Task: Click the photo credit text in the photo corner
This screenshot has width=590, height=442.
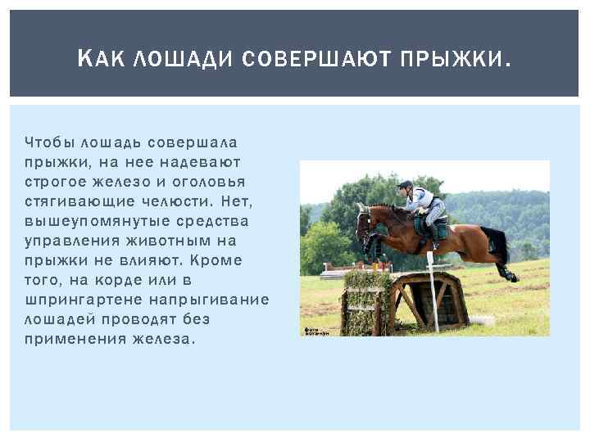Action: (315, 331)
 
